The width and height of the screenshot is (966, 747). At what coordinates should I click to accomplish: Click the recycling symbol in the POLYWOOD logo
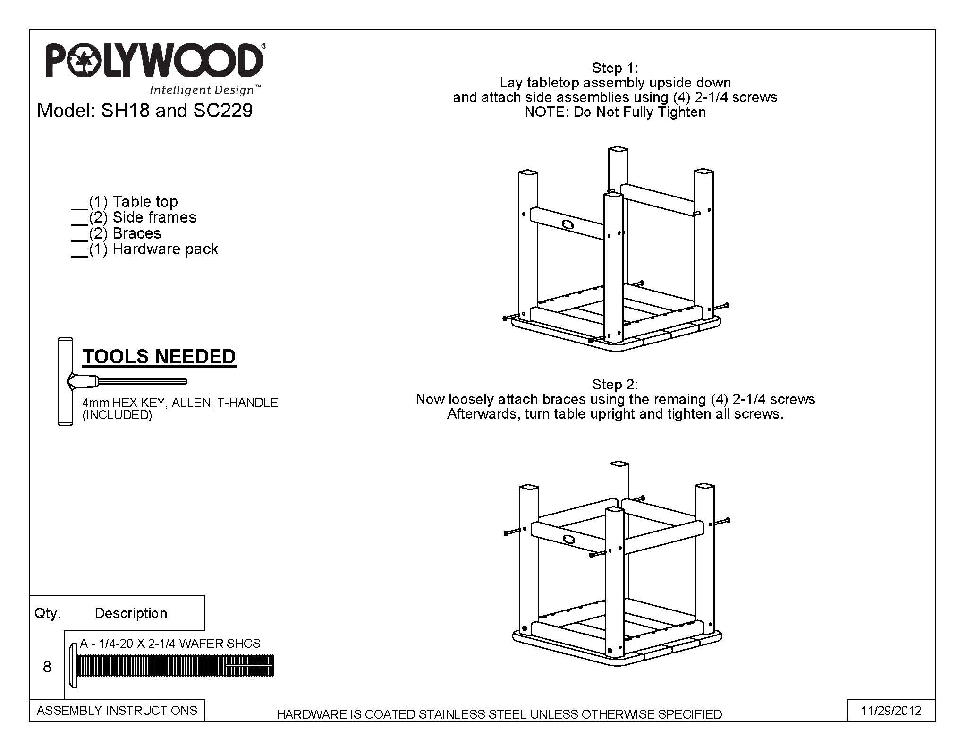tap(84, 60)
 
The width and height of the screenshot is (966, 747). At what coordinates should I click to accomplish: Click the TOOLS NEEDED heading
tap(159, 357)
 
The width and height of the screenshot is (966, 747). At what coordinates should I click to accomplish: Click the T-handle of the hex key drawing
tap(65, 382)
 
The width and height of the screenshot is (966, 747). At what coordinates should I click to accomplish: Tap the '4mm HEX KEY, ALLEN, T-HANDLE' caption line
tap(180, 403)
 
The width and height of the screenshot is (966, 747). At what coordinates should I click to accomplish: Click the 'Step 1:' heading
tap(615, 68)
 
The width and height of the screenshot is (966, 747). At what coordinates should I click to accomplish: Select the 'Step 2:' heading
tap(615, 384)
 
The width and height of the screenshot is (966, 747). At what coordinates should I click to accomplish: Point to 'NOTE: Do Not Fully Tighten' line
tap(615, 112)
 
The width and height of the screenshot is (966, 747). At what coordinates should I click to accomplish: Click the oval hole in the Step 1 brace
tap(568, 224)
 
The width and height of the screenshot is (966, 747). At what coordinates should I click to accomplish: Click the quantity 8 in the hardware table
tap(47, 667)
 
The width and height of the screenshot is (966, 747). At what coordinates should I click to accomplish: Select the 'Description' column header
tap(131, 613)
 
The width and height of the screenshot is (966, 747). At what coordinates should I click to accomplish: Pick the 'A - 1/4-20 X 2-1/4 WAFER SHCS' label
tap(170, 644)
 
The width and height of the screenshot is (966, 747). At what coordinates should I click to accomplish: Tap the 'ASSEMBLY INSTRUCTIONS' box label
tap(117, 711)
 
